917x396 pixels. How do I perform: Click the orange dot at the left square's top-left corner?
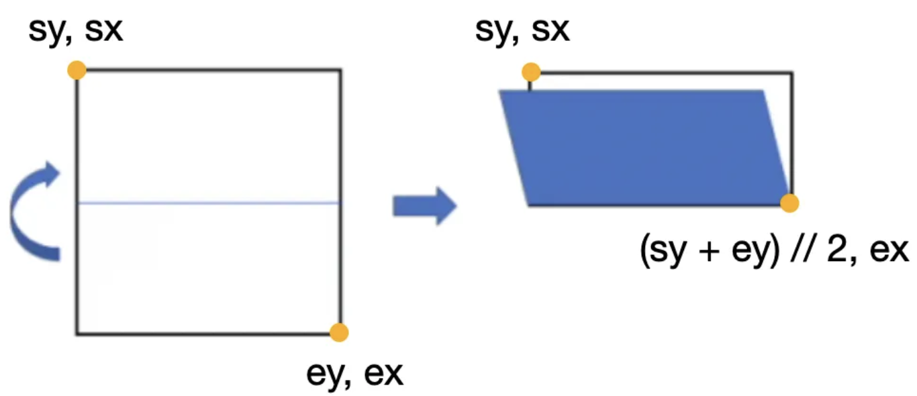coord(77,70)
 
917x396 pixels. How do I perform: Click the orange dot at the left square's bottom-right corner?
coord(340,332)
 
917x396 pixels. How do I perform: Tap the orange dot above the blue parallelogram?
coord(531,72)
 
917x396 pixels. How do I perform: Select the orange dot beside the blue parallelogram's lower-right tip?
coord(790,203)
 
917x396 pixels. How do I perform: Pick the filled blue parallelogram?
coord(644,148)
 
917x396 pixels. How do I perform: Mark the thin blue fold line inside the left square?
coord(208,202)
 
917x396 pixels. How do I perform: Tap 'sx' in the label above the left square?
coord(104,32)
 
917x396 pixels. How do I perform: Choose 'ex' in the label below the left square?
coord(384,373)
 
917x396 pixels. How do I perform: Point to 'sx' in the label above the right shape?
coord(550,32)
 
